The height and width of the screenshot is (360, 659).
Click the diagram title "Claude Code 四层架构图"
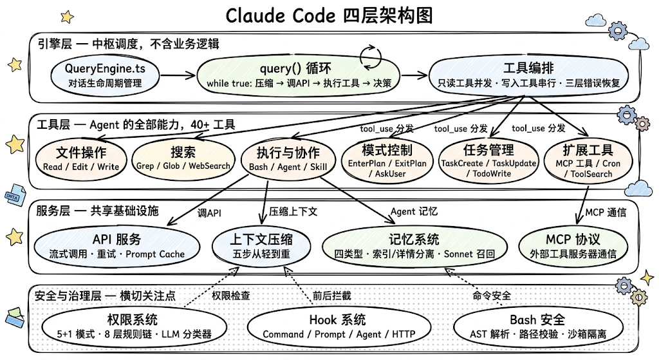[329, 15]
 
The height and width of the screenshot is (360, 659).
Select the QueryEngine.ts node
[105, 75]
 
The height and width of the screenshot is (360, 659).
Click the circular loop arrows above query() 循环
[371, 56]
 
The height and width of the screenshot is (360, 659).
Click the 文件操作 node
[81, 158]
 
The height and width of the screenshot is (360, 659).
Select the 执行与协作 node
[288, 159]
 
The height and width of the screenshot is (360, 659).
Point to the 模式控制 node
[387, 158]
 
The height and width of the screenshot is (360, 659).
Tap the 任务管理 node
[488, 158]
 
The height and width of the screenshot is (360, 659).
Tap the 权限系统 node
[133, 326]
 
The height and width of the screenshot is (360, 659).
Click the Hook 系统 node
[337, 326]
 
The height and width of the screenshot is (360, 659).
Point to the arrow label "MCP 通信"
[605, 212]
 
